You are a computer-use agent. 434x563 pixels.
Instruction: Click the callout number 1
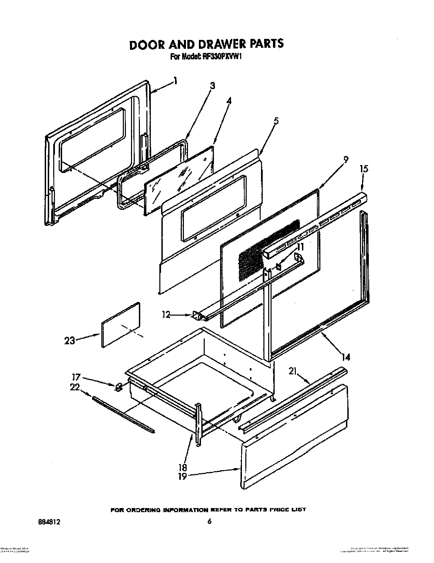tap(175, 81)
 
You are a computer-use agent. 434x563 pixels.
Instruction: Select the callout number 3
tap(213, 86)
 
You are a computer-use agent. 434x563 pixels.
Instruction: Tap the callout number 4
tap(229, 101)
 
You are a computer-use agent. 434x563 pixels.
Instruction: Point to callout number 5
tap(276, 121)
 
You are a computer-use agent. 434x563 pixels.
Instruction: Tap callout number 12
tap(166, 315)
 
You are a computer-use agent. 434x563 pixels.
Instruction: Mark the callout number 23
tap(70, 341)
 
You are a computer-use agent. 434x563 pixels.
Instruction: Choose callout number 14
tap(346, 357)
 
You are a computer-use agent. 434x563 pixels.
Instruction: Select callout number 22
tap(75, 387)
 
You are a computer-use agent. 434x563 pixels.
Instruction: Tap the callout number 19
tap(183, 476)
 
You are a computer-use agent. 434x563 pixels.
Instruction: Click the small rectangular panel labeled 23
tap(121, 324)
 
